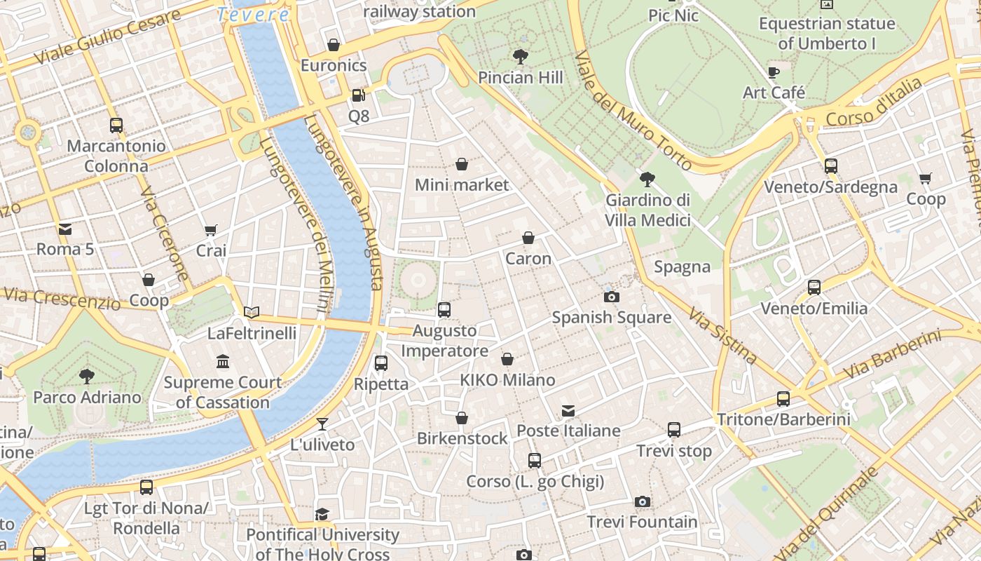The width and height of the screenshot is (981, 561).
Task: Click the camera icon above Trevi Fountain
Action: pyautogui.click(x=643, y=501)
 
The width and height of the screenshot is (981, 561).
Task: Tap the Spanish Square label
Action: pyautogui.click(x=612, y=318)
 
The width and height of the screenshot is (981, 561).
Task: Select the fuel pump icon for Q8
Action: pyautogui.click(x=358, y=95)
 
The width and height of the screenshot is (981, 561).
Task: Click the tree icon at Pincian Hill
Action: pyautogui.click(x=520, y=56)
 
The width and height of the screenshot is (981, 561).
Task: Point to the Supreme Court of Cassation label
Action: pyautogui.click(x=223, y=392)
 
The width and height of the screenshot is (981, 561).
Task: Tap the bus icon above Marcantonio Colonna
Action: pyautogui.click(x=116, y=126)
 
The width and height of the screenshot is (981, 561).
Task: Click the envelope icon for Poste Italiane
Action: pyautogui.click(x=568, y=410)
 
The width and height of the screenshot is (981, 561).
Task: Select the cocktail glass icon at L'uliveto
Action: pyautogui.click(x=322, y=424)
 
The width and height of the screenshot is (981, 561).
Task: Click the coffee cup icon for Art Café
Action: pyautogui.click(x=774, y=72)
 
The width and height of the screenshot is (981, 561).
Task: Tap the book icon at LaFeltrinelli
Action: pyautogui.click(x=252, y=312)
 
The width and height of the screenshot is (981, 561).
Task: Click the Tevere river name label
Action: pyautogui.click(x=253, y=14)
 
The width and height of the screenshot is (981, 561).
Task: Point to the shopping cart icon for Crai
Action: pyautogui.click(x=210, y=230)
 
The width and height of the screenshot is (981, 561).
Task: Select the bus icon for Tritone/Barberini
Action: pyautogui.click(x=783, y=399)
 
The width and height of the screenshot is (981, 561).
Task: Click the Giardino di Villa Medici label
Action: pyautogui.click(x=648, y=210)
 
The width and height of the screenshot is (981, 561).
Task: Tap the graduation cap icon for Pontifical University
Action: pyautogui.click(x=322, y=514)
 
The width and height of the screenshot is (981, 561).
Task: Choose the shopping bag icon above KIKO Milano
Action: pyautogui.click(x=507, y=360)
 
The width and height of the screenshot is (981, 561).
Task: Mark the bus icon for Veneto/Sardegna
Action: pyautogui.click(x=831, y=166)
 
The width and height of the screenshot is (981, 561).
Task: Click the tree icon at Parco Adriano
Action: pyautogui.click(x=87, y=377)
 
